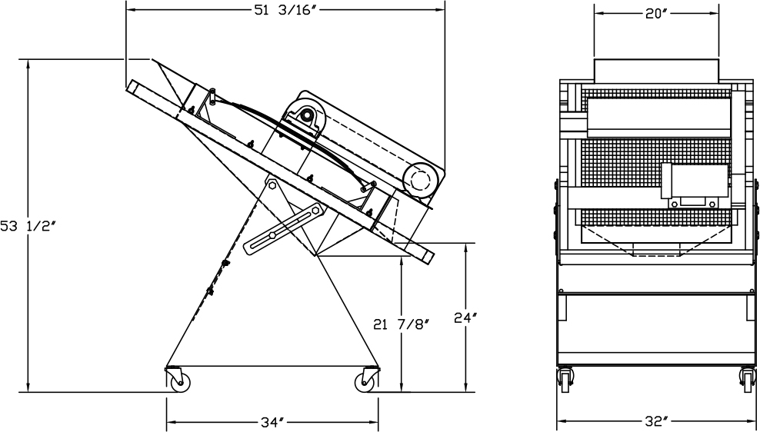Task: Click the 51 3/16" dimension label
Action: coord(285,10)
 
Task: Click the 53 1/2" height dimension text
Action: coord(29,225)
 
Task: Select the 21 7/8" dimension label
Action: coord(401,324)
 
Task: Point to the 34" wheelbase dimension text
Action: coord(272,421)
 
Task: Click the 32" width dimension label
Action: coord(655,421)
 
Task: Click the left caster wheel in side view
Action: coord(179,382)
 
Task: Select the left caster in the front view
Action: coord(568,379)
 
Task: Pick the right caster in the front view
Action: coord(745,379)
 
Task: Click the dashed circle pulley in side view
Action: coord(419,181)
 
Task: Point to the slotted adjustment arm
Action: coord(282,228)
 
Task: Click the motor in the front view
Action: coord(694,185)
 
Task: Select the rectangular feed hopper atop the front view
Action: coord(656,69)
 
